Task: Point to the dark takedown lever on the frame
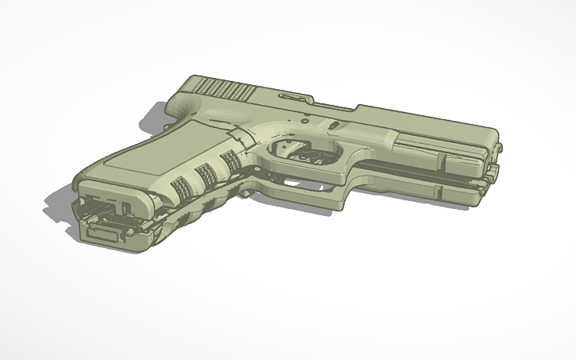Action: (334, 126)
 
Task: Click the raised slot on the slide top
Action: (294, 98)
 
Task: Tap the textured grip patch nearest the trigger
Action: (231, 162)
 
